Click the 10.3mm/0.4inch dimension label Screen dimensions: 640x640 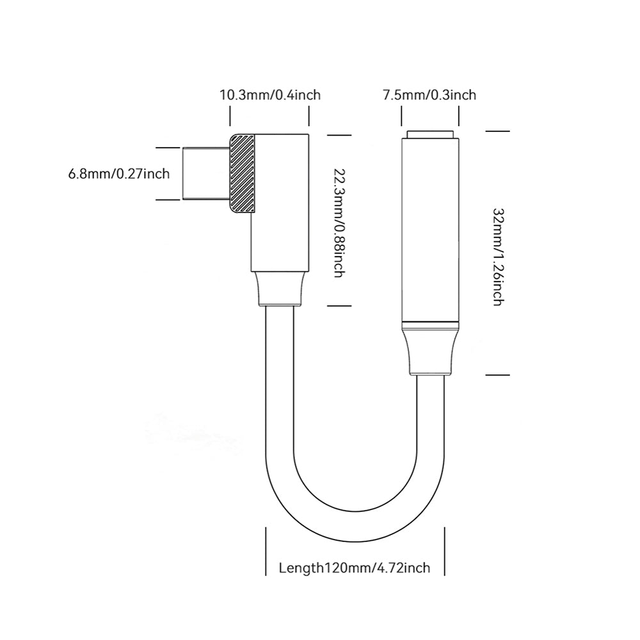(x=270, y=95)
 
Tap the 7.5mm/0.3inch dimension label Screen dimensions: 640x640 (x=429, y=95)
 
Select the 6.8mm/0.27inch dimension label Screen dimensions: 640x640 (x=119, y=174)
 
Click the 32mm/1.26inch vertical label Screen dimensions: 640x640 (x=499, y=257)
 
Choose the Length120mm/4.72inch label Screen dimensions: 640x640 (x=355, y=568)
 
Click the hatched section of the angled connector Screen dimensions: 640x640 (x=243, y=173)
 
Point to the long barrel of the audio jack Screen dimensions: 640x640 (x=430, y=230)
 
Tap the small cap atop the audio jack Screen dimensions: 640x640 (x=430, y=134)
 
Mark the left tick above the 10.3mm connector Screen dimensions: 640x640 (x=230, y=116)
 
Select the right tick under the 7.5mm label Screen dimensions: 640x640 (x=459, y=116)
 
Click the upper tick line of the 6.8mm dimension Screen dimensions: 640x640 (x=168, y=147)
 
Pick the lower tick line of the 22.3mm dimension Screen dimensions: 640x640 (x=339, y=306)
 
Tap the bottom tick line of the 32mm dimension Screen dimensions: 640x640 (x=497, y=374)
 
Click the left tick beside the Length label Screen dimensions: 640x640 (x=266, y=551)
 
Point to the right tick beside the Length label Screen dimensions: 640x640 (x=445, y=551)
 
